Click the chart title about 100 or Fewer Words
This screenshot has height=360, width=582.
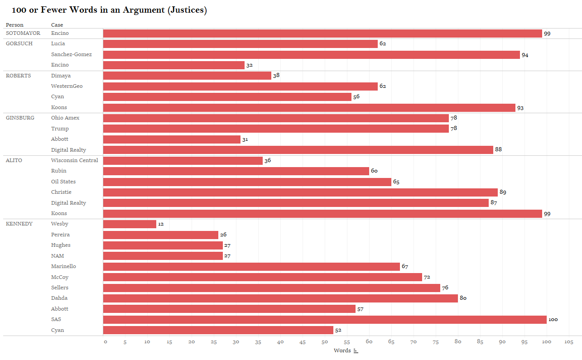pos(109,10)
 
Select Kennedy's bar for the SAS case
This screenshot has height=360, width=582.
pos(325,320)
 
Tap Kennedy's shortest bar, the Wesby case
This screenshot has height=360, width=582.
pos(130,224)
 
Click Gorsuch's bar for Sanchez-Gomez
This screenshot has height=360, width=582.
pos(311,55)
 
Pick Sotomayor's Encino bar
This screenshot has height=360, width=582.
pos(322,34)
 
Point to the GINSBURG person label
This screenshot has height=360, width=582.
pos(20,118)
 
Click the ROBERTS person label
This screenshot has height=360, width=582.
pos(18,76)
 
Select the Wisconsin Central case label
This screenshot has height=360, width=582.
pos(74,160)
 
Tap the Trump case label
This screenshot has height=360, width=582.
pos(60,129)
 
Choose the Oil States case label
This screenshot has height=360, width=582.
pos(63,182)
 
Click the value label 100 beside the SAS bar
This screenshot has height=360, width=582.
pos(553,320)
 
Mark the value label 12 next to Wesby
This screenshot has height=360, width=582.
pos(161,224)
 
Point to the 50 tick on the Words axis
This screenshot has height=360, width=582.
pos(325,342)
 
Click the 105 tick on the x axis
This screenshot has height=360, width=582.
pos(569,342)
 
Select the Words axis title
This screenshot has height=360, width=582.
pos(342,350)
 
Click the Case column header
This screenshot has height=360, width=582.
pos(57,25)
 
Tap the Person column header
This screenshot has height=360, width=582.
pos(14,25)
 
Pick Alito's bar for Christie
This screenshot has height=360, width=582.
pos(300,192)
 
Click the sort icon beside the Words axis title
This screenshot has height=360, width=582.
pos(356,351)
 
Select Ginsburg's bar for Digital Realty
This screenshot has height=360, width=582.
pos(298,150)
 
